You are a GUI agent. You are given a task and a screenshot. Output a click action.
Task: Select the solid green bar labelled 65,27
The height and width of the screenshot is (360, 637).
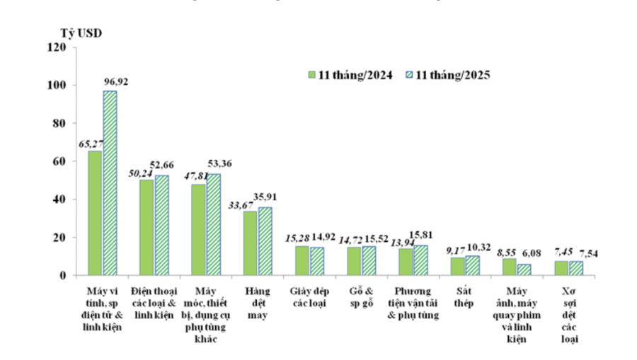(95, 212)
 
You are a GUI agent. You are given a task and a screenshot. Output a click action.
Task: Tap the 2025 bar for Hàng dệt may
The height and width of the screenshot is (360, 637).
(265, 240)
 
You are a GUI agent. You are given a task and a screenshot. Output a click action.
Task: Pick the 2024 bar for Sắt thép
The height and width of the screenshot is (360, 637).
(458, 266)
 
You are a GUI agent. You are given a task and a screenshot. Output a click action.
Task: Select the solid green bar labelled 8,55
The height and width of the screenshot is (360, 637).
(509, 267)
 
